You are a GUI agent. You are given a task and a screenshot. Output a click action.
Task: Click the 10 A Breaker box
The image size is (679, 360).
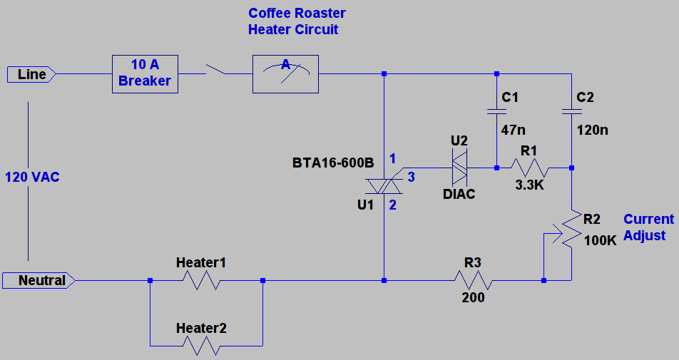[145, 74]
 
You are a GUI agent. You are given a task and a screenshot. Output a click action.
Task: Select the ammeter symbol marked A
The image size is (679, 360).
[285, 74]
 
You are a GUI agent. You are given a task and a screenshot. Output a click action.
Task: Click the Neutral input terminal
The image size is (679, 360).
[39, 280]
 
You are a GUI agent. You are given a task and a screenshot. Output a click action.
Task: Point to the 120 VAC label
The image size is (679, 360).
[32, 177]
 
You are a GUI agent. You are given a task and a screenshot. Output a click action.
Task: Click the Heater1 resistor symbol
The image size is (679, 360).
[201, 280]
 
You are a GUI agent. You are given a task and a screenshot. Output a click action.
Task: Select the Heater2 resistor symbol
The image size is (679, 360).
[201, 346]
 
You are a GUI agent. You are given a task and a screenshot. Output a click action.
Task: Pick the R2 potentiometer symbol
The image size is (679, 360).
[571, 228]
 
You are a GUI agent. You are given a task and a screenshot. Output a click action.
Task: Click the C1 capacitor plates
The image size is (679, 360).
[496, 111]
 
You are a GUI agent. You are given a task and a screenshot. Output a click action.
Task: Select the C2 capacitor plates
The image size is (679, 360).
[571, 111]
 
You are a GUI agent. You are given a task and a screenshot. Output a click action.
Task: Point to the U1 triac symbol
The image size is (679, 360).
[384, 185]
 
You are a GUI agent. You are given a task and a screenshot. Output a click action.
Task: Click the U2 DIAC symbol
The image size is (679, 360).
[459, 168]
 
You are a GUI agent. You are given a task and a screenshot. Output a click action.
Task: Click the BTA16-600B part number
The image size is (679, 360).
[333, 163]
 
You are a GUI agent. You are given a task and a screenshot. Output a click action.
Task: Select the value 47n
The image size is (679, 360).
[513, 130]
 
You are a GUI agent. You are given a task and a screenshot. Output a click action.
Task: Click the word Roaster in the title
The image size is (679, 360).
[317, 14]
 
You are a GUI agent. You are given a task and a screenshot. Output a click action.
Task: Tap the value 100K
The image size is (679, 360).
[600, 241]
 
